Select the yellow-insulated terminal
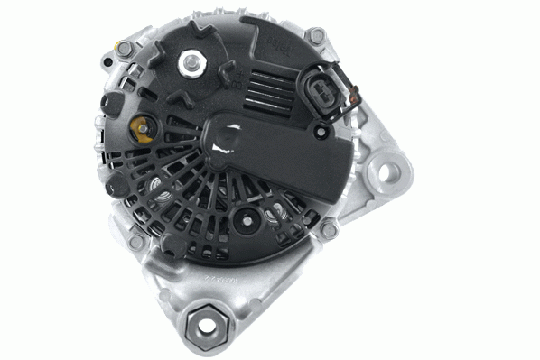point(142,126)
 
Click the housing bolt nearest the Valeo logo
point(316,36)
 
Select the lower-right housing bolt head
point(330,230)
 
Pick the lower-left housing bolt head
point(135,243)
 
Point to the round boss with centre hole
point(244,218)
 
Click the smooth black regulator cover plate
point(289,162)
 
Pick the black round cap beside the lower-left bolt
point(116,187)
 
